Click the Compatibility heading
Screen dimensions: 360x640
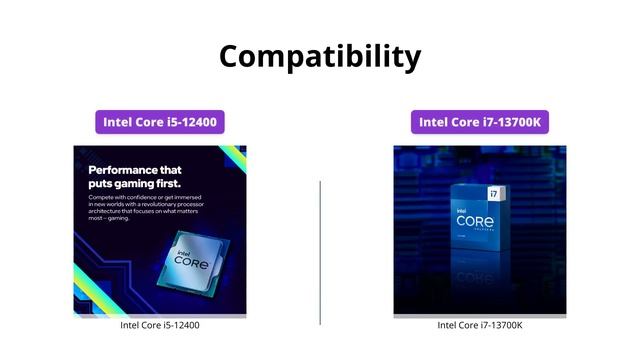coord(320,55)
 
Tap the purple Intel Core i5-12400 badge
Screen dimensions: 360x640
coord(160,122)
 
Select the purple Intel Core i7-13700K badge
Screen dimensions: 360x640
coord(479,122)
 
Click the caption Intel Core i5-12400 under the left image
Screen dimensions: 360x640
coord(160,325)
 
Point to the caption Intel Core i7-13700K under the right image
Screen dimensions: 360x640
coord(480,325)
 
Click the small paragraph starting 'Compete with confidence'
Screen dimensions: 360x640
coord(150,212)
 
